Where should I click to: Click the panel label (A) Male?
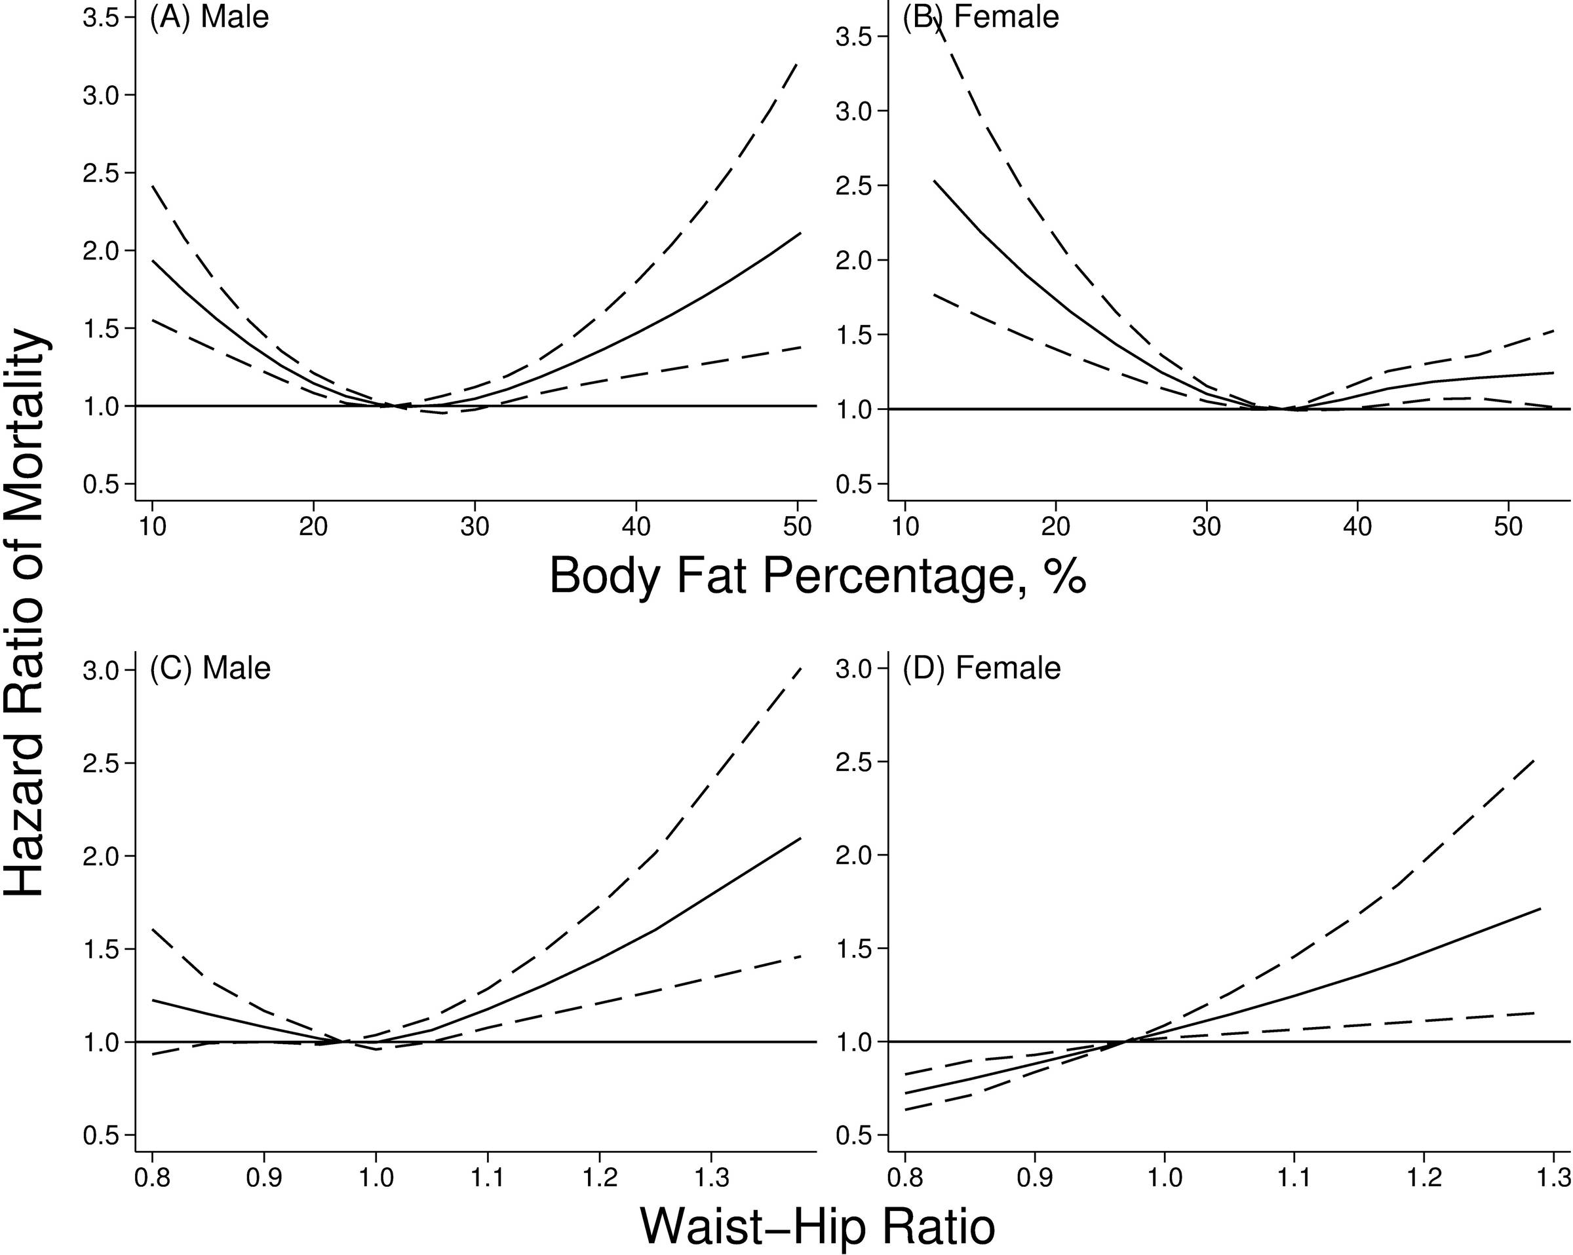208,17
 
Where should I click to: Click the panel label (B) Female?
981,17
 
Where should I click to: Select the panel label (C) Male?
210,668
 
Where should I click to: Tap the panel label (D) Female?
981,668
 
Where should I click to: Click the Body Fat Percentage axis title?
817,577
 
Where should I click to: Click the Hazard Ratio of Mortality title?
26,612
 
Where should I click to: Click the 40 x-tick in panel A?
637,527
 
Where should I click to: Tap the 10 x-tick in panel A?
153,527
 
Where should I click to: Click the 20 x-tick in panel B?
1056,527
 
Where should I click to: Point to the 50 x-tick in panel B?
1508,527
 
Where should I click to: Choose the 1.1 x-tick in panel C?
488,1178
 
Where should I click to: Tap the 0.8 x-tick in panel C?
153,1178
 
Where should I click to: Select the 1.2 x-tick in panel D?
1424,1178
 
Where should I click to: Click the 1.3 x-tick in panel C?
710,1178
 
